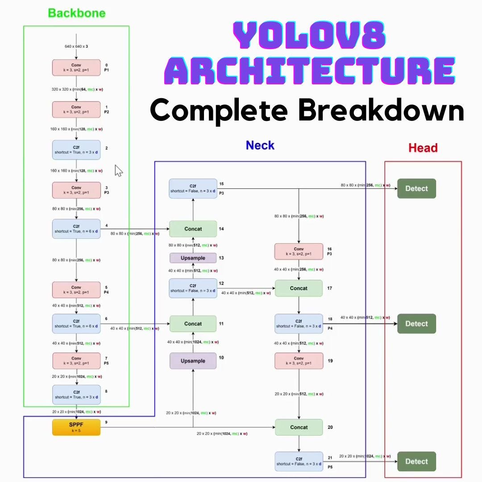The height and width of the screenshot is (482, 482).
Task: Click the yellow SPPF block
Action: (76, 427)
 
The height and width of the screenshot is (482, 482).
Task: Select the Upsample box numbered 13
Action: (193, 258)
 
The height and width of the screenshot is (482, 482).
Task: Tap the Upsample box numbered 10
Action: (193, 361)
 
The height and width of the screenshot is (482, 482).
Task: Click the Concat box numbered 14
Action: (193, 229)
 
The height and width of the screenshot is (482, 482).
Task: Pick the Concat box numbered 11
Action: (193, 324)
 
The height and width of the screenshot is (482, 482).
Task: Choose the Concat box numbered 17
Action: (299, 288)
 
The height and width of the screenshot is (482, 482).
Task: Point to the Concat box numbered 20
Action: (299, 427)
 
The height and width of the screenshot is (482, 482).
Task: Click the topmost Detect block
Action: (416, 188)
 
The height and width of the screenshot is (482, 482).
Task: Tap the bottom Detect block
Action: (416, 461)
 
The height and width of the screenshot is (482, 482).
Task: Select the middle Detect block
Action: (416, 324)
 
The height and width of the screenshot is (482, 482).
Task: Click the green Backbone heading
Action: (77, 13)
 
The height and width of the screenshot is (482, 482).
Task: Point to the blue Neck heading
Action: (260, 145)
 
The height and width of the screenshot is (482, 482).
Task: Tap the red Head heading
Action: (423, 148)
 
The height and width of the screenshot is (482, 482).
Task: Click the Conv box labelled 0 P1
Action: (76, 67)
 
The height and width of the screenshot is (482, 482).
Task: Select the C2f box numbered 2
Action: (76, 150)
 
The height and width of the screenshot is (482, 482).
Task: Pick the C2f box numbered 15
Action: (193, 188)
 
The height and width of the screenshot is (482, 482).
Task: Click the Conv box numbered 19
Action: (299, 361)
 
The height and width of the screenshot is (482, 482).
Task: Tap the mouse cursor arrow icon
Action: (119, 170)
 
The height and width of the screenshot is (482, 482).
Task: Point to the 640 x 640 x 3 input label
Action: (76, 46)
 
